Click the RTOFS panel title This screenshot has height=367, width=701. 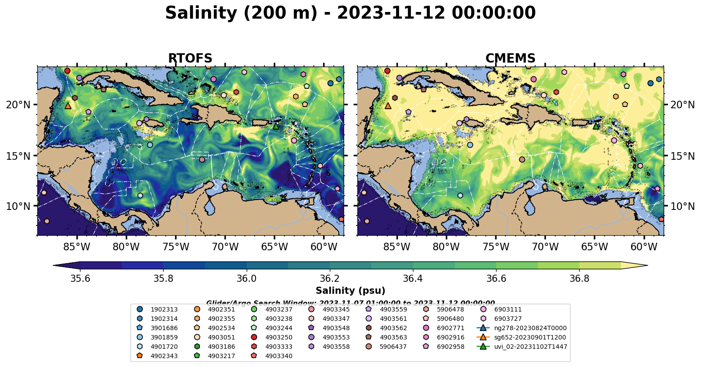(x=190, y=59)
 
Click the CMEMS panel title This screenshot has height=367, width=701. (x=510, y=59)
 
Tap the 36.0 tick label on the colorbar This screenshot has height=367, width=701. (x=246, y=278)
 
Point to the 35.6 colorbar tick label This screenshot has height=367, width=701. (x=80, y=278)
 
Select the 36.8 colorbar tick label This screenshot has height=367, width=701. (x=579, y=278)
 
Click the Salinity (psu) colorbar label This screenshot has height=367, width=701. (x=350, y=291)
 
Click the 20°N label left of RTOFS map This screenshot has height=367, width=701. (x=18, y=105)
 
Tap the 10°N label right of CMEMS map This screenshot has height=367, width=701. (x=682, y=206)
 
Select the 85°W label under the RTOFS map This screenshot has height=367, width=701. (x=77, y=247)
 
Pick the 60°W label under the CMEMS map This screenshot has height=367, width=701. (x=644, y=247)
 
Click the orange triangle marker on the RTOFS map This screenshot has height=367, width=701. (x=68, y=106)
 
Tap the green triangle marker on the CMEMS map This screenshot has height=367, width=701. (x=596, y=126)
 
